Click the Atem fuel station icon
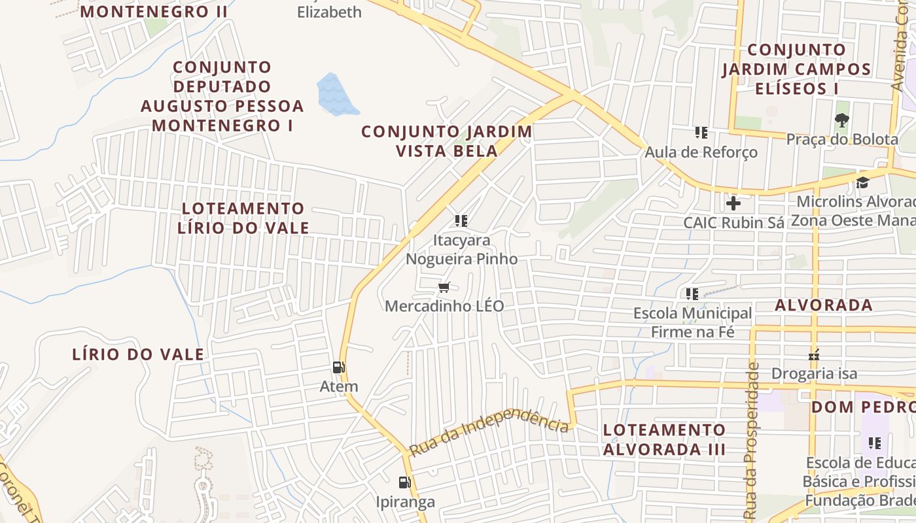338,367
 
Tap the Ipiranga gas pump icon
405,482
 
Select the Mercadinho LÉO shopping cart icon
444,286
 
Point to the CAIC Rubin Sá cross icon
733,203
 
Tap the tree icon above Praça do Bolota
841,120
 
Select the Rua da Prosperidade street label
752,441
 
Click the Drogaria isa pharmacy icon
814,355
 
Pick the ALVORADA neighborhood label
824,305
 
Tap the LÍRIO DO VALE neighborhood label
138,355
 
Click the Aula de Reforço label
701,152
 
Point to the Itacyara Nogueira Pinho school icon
461,221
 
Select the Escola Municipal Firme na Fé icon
692,294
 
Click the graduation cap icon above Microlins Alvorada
862,182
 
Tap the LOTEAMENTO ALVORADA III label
664,439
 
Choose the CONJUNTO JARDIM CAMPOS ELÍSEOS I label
796,69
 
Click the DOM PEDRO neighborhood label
862,407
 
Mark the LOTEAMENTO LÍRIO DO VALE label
243,218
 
